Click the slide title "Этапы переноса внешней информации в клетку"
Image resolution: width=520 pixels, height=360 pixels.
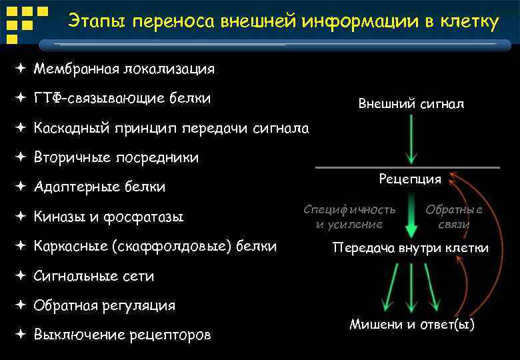283,22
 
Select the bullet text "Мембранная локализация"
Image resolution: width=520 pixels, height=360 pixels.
124,69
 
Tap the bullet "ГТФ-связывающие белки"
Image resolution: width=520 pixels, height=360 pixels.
122,99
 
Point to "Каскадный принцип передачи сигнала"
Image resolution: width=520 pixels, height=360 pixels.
171,128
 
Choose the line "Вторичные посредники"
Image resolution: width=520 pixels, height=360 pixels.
116,158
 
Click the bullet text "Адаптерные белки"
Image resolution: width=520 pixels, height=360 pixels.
99,187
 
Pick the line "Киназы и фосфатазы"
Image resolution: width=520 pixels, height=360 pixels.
109,217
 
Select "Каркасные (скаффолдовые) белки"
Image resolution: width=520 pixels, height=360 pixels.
155,246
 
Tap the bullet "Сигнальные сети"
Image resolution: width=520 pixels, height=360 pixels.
94,276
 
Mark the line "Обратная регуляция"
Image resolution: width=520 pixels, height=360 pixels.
105,305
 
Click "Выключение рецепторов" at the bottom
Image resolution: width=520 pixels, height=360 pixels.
122,335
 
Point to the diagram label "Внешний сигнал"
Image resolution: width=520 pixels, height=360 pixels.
411,104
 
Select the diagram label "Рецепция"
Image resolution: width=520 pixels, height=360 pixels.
410,179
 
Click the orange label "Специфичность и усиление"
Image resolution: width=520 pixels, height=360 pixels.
349,217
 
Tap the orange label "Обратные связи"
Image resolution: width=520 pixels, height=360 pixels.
454,217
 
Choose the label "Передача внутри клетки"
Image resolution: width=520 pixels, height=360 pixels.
410,248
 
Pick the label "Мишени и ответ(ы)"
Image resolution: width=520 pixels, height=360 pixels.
412,325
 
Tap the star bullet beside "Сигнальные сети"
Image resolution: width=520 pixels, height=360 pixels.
21,276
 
